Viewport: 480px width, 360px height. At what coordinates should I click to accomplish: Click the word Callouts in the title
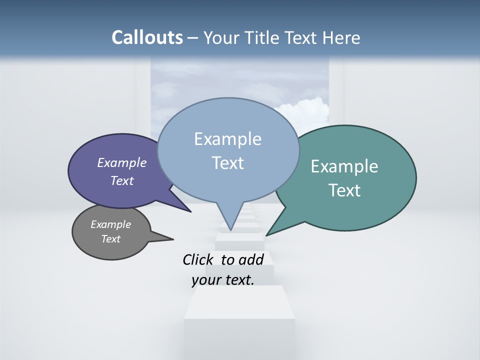click(147, 37)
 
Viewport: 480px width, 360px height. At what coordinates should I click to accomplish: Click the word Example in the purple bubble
click(121, 162)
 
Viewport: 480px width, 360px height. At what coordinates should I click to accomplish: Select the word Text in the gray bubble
click(111, 239)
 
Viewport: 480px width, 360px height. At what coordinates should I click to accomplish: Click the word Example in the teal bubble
click(344, 166)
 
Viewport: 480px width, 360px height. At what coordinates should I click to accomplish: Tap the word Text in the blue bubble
click(228, 163)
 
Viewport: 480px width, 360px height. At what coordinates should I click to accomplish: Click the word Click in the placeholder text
click(198, 259)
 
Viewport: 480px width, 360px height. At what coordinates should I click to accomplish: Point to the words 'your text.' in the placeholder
click(223, 279)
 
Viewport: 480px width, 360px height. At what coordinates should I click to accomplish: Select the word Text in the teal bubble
click(345, 190)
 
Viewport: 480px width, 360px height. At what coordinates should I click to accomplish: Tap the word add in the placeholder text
click(250, 259)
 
